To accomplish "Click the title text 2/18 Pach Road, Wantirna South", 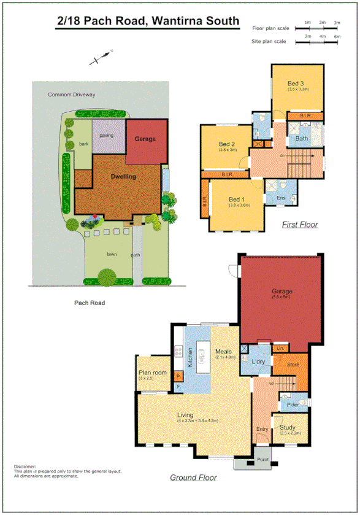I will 148,21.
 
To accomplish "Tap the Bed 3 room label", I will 296,83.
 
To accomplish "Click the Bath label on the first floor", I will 302,138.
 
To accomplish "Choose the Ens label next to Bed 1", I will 281,198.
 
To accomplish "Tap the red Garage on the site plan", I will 145,139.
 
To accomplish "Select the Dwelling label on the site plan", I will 123,176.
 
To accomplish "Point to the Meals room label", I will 223,351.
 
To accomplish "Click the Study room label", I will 288,427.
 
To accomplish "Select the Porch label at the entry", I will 264,459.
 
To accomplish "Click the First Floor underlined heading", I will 299,225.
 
